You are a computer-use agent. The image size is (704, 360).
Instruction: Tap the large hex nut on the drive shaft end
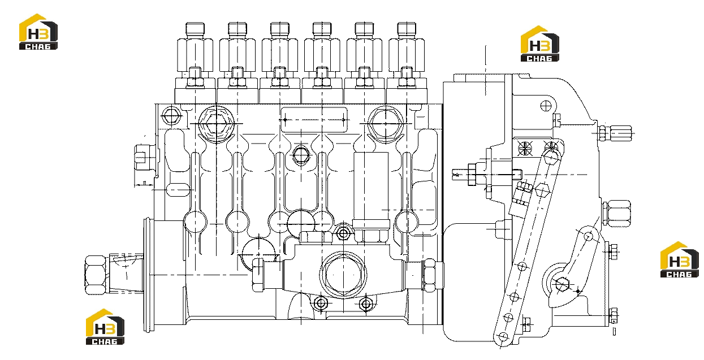(x=96, y=275)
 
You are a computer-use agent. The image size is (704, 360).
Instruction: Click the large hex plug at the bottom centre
(x=343, y=275)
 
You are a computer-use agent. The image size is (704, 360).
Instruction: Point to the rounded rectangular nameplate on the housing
(x=314, y=120)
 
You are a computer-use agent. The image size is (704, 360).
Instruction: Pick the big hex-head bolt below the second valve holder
(x=216, y=123)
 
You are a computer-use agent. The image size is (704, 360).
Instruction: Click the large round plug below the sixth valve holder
(x=385, y=124)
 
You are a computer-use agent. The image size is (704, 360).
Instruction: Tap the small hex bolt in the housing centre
(x=301, y=155)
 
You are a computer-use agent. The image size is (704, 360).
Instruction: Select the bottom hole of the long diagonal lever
(x=503, y=337)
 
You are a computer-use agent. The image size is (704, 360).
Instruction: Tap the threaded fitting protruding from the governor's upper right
(x=615, y=133)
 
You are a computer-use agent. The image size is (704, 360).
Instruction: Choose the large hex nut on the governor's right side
(x=617, y=213)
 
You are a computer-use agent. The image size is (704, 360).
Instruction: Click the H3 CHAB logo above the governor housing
(x=539, y=44)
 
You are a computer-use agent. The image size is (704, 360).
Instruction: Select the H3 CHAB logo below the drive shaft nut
(x=105, y=327)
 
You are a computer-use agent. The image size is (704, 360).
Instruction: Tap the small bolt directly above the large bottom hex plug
(x=343, y=233)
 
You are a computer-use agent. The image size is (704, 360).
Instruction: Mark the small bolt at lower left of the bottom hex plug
(x=321, y=303)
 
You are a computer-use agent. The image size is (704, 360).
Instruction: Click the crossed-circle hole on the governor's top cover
(x=546, y=106)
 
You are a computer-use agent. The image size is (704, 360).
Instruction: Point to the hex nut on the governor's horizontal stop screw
(x=472, y=174)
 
